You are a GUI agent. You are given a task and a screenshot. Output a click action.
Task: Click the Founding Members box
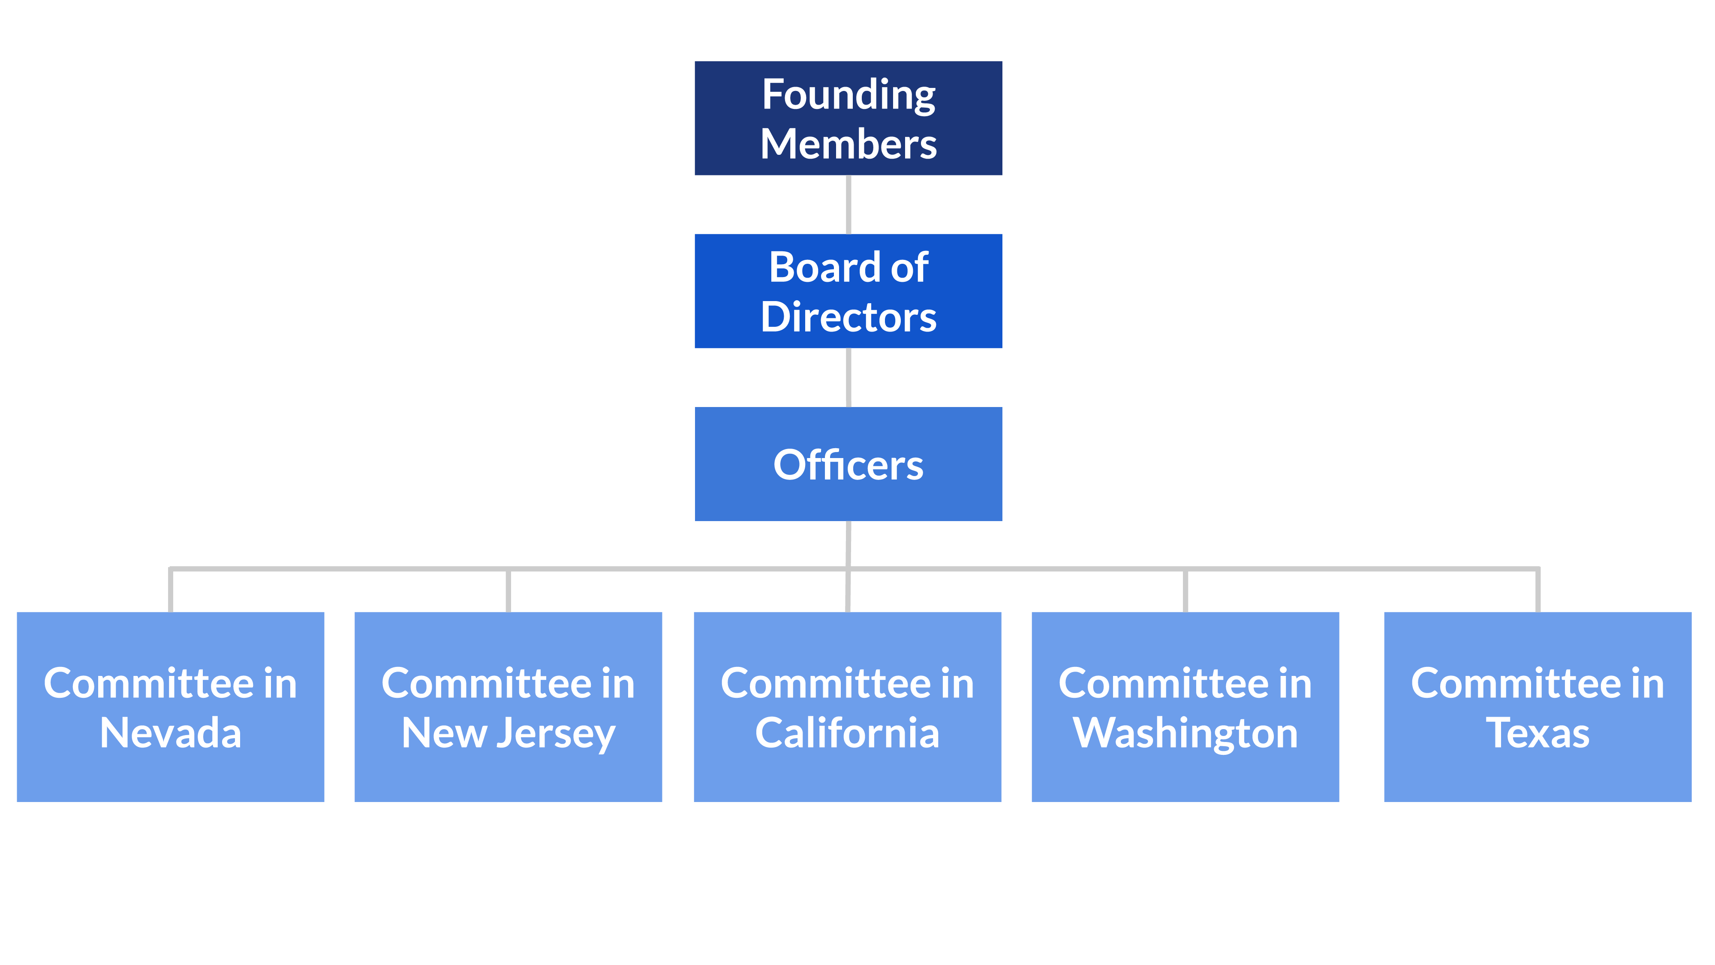coord(848,118)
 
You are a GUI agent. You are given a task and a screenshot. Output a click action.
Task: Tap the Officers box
coord(848,464)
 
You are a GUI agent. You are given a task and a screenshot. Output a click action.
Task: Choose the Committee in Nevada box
coord(171,707)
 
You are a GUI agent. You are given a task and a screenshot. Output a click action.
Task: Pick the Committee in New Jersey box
coord(508,707)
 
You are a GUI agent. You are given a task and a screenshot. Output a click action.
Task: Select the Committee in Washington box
coord(1185,707)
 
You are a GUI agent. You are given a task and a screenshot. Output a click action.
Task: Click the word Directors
coord(848,317)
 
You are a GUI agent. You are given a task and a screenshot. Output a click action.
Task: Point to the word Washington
coord(1185,734)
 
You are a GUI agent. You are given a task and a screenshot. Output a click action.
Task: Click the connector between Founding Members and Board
coord(848,205)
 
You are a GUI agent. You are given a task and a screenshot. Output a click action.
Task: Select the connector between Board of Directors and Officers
coord(848,377)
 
